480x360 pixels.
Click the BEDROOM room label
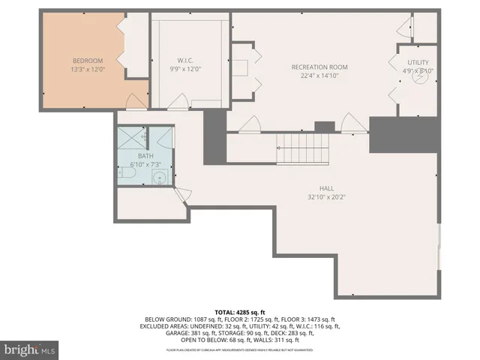[88, 61]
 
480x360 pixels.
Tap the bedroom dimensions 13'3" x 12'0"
[88, 69]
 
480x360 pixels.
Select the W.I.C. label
[187, 61]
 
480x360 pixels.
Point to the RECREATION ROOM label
[319, 67]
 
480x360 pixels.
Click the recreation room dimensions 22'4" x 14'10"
[319, 75]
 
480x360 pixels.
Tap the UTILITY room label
[418, 62]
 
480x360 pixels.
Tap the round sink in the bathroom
[159, 178]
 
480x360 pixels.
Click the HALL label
[326, 188]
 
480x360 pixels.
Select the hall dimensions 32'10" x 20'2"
[326, 197]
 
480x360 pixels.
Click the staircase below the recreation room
[304, 149]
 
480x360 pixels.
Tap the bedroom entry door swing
[136, 101]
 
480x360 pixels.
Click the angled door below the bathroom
[181, 196]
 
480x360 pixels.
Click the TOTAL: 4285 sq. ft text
[240, 311]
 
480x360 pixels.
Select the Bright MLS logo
[30, 349]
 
